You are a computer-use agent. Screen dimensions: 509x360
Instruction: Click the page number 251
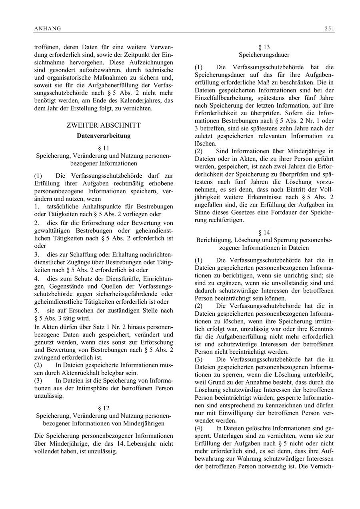point(330,28)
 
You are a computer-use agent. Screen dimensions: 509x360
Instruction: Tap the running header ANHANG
point(47,28)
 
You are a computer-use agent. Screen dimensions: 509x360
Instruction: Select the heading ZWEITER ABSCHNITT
point(104,125)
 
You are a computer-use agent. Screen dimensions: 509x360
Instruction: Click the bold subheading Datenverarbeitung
point(104,136)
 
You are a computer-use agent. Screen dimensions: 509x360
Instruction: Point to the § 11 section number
point(104,148)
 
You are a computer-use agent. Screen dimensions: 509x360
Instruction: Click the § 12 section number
point(104,408)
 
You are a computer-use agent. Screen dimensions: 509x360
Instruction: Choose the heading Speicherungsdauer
point(264,54)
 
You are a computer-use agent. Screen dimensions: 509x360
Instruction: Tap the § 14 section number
point(264,232)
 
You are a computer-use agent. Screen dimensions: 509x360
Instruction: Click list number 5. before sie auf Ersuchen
point(37,311)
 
